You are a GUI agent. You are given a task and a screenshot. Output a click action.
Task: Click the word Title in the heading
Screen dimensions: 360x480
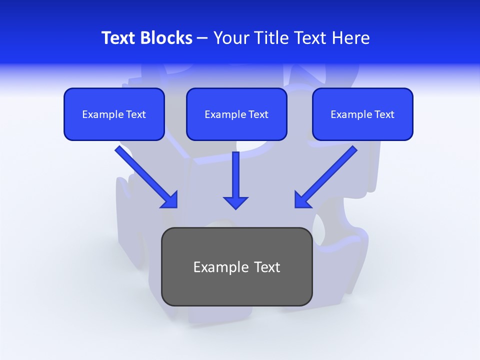pyautogui.click(x=269, y=38)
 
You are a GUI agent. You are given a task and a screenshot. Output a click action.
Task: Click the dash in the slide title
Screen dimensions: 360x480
pyautogui.click(x=202, y=38)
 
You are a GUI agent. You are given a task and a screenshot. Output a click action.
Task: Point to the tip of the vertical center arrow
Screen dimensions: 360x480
pyautogui.click(x=235, y=207)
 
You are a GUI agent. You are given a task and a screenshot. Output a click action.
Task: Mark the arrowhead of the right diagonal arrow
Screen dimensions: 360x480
pyautogui.click(x=301, y=200)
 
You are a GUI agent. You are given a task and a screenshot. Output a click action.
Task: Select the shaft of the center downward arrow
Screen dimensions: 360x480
pyautogui.click(x=235, y=172)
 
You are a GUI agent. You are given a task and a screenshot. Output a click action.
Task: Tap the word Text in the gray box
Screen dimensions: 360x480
pyautogui.click(x=266, y=267)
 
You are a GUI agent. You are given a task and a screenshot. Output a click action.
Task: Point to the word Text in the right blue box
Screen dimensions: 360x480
pyautogui.click(x=384, y=114)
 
